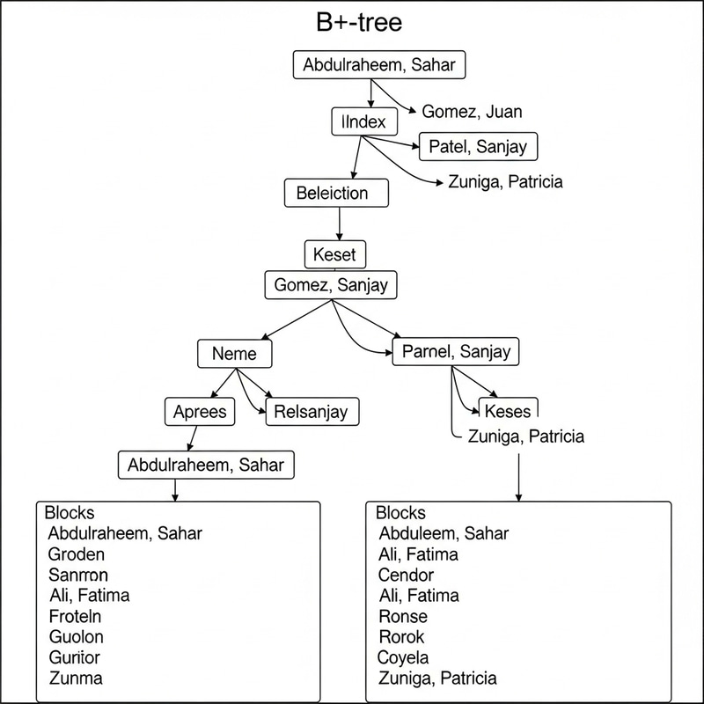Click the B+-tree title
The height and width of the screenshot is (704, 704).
coord(359,23)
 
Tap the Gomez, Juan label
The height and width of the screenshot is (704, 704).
coord(472,112)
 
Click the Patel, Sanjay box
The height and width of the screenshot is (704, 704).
coord(478,147)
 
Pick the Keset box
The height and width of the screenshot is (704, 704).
coord(334,254)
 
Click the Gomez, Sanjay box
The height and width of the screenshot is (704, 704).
coord(331,285)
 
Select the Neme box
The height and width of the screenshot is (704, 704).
coord(235,354)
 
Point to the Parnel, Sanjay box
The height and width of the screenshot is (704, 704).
coord(455,353)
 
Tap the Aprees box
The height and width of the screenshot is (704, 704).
coord(200,411)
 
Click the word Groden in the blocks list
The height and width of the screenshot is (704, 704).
coord(77,554)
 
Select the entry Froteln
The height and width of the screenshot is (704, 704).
coord(76,616)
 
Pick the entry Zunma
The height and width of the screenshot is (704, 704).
coord(76,678)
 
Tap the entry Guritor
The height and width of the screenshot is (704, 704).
coord(75,657)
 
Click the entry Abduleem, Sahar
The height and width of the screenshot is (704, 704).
coord(444,533)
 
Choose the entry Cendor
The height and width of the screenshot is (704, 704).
coord(407,575)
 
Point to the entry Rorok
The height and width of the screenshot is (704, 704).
coord(401,636)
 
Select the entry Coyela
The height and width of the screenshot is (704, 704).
coord(403,657)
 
